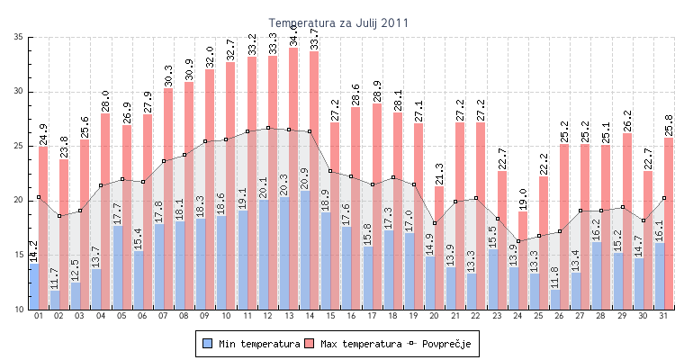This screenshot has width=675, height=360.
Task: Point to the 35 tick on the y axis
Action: (19, 37)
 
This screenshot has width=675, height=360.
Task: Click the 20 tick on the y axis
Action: (19, 201)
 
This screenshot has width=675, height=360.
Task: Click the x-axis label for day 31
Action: (664, 317)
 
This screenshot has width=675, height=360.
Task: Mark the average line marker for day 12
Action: (268, 128)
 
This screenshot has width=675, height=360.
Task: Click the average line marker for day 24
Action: (518, 241)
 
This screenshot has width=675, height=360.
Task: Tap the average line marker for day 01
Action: (39, 197)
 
